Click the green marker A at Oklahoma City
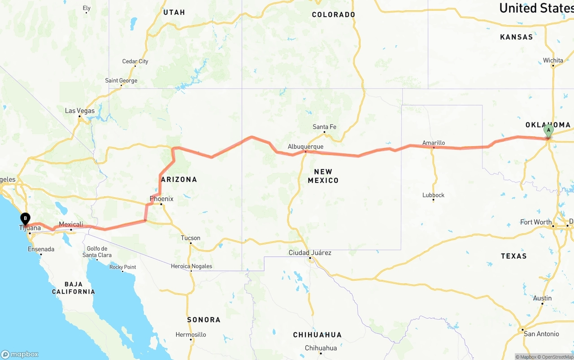[x=548, y=131]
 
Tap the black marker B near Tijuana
[x=26, y=219]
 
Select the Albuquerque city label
[x=305, y=147]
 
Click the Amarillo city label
[x=434, y=143]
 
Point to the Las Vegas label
[x=80, y=111]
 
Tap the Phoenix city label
[x=161, y=199]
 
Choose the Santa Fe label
[x=324, y=127]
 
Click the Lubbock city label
[x=433, y=195]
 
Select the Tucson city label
[x=191, y=238]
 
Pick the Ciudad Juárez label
[x=310, y=253]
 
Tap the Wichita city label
[x=553, y=61]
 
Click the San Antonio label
[x=541, y=334]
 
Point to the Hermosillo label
[x=191, y=334]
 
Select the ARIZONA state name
[x=179, y=179]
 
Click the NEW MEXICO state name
[x=323, y=176]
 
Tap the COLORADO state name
[x=333, y=15]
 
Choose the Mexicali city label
[x=71, y=224]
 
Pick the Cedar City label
[x=135, y=61]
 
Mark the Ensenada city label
[x=41, y=249]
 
